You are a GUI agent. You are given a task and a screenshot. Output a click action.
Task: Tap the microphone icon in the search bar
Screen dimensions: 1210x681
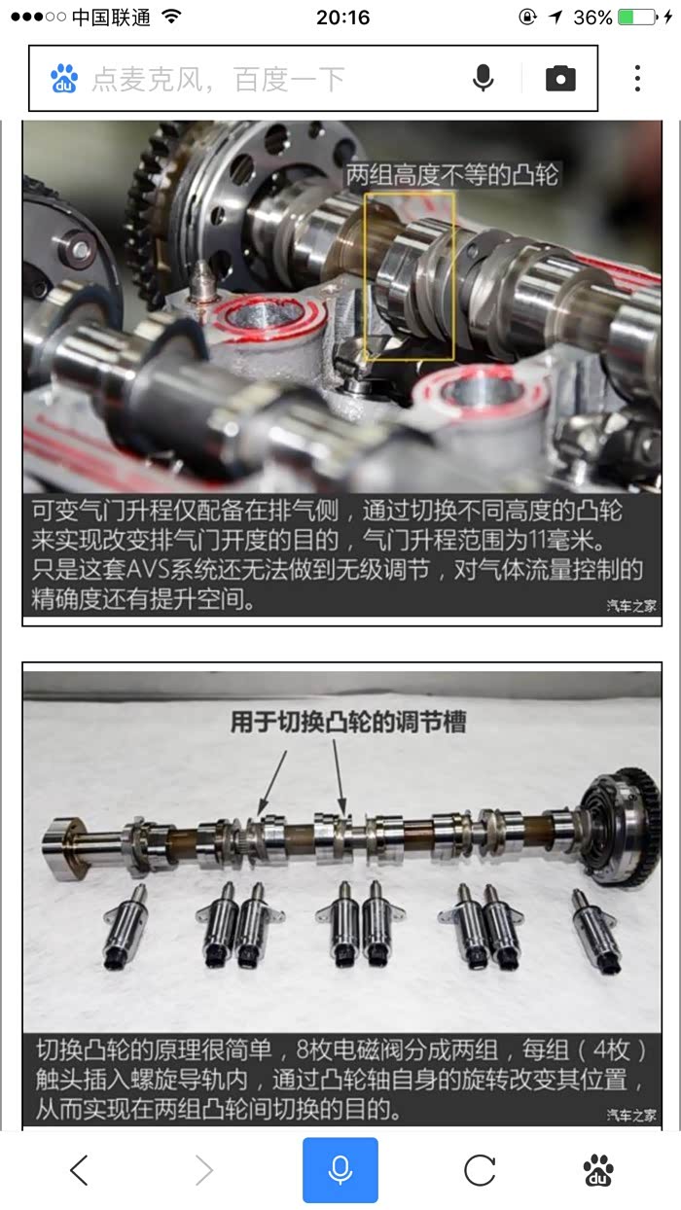pos(483,78)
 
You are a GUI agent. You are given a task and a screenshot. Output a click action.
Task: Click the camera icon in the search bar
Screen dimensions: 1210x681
pos(560,78)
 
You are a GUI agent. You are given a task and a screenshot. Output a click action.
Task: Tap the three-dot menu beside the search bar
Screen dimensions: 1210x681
pos(637,78)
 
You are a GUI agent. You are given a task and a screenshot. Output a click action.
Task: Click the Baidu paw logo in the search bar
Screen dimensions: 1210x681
pos(64,78)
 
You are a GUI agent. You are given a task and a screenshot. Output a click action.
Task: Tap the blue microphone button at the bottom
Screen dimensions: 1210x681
pos(340,1170)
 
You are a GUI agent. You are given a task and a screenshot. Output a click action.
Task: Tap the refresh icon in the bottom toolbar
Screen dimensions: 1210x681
pos(480,1170)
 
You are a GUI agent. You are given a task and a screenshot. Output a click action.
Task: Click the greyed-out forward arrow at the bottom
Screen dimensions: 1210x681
pos(204,1170)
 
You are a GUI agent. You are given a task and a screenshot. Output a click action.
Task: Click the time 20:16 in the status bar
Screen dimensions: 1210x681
pos(342,18)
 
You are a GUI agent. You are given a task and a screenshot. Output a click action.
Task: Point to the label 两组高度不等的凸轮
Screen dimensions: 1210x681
pos(452,175)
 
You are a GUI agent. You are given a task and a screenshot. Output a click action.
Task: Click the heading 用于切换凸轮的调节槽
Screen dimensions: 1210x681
pos(348,722)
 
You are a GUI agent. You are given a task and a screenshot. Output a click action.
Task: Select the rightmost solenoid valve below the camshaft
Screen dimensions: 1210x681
pos(595,931)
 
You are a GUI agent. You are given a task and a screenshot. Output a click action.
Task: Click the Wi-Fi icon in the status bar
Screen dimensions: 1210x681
pos(172,18)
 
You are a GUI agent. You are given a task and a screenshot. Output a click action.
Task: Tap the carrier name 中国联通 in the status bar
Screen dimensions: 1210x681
pos(111,18)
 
